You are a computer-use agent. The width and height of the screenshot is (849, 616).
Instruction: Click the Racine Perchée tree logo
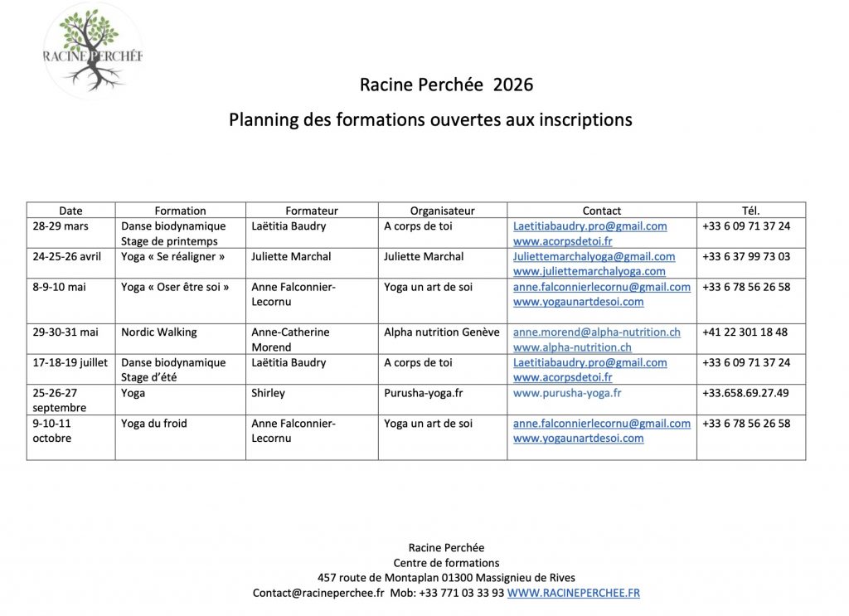pos(93,50)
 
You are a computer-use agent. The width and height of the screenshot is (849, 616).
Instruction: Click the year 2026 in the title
pos(513,85)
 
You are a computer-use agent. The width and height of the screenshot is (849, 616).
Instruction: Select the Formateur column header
pos(312,211)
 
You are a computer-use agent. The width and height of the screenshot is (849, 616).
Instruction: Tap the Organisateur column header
pos(442,211)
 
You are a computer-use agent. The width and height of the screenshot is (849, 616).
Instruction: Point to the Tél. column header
pos(750,211)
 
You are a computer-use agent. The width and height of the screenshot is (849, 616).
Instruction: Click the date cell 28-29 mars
pos(61,226)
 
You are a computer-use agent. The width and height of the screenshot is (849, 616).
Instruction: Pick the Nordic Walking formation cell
pos(159,332)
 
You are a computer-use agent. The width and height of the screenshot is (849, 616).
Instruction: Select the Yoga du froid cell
pos(154,424)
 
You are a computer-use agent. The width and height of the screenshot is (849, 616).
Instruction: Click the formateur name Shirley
pos(268,393)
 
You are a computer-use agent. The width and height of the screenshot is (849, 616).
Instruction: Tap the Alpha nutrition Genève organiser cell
pos(441,332)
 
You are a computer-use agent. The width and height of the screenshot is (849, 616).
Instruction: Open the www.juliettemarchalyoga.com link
pos(589,271)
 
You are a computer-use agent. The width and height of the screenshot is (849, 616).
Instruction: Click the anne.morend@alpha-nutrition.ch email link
pos(596,332)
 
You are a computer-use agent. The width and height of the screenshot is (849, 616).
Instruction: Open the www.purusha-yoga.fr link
pos(567,393)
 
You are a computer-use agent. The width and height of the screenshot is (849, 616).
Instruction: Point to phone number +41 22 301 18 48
pos(745,332)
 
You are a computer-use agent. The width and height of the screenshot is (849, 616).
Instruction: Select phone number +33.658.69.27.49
pos(745,393)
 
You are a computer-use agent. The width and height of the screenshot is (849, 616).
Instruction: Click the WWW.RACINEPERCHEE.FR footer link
pos(573,593)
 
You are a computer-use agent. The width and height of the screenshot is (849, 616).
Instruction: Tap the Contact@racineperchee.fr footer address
pos(318,593)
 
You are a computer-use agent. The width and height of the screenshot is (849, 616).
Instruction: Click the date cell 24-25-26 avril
pos(67,257)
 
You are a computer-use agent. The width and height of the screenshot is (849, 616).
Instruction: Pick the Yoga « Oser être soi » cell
pos(175,287)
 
